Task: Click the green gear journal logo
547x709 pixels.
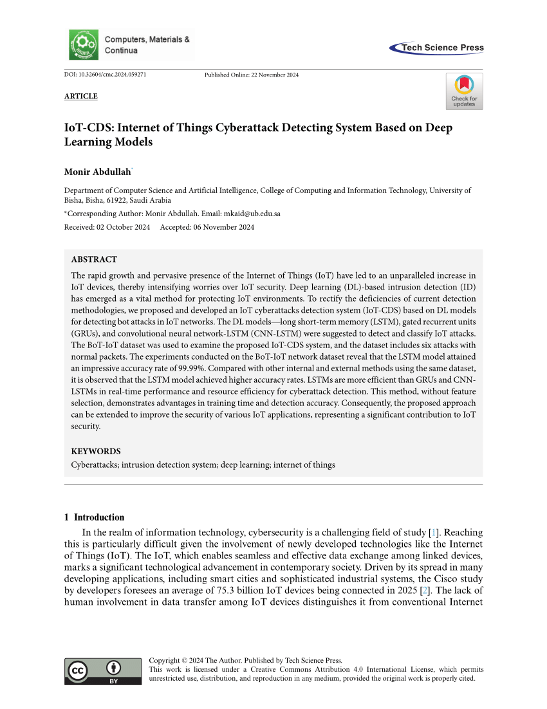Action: click(84, 44)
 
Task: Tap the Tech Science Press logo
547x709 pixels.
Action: click(437, 48)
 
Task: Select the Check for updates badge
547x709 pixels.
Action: click(463, 91)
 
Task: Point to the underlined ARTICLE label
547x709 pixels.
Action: click(81, 97)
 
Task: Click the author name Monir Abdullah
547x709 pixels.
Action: click(97, 171)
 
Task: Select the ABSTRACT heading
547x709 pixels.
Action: click(94, 259)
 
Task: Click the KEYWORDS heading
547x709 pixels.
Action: click(96, 451)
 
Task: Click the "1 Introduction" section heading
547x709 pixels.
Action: click(95, 517)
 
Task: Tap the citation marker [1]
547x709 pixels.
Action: click(435, 532)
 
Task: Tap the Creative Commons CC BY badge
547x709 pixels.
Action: click(103, 671)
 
